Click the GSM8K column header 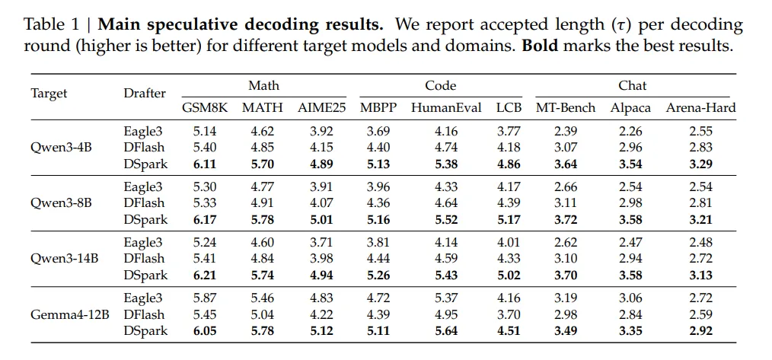(205, 108)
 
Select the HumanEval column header (446, 108)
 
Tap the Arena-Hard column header (700, 108)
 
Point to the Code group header (441, 86)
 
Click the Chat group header (633, 86)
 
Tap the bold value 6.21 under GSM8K (205, 275)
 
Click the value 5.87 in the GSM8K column (205, 298)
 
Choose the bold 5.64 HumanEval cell (446, 330)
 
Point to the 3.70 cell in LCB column (509, 314)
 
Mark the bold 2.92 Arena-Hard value (700, 330)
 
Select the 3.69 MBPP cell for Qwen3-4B (378, 132)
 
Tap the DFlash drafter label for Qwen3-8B (144, 203)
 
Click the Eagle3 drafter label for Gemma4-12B (143, 298)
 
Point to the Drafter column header (145, 93)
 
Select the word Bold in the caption (547, 46)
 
